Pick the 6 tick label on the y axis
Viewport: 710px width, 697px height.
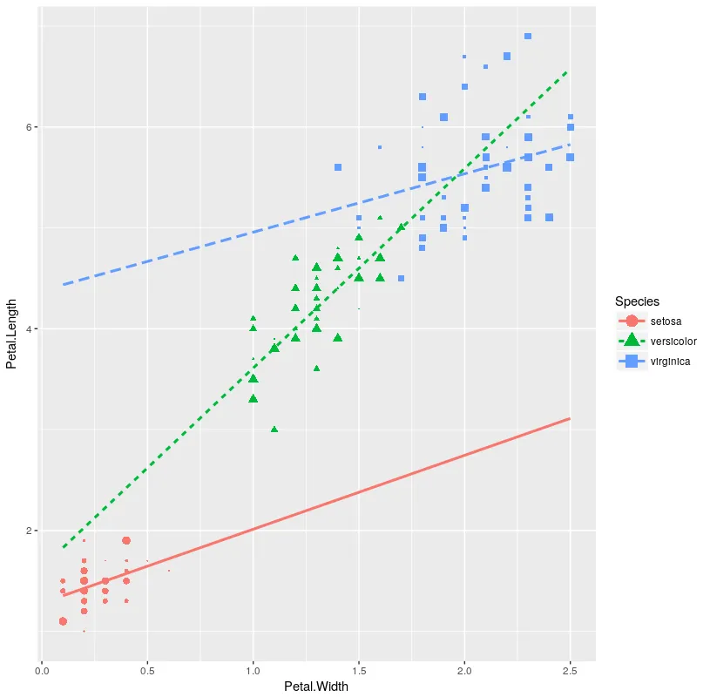click(x=28, y=127)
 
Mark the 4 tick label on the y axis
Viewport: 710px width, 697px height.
click(x=28, y=329)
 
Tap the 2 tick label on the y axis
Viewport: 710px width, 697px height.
click(x=28, y=531)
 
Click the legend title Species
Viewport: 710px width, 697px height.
click(x=638, y=301)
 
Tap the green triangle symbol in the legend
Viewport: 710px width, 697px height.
click(x=632, y=341)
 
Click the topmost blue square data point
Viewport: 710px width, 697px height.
click(x=528, y=37)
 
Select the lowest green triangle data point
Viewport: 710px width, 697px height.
click(x=274, y=430)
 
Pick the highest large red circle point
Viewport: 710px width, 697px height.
click(x=126, y=541)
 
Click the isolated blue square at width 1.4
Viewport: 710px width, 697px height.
click(x=338, y=167)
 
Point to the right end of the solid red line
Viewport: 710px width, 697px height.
click(x=570, y=419)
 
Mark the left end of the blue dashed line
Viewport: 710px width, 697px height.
click(x=64, y=285)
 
